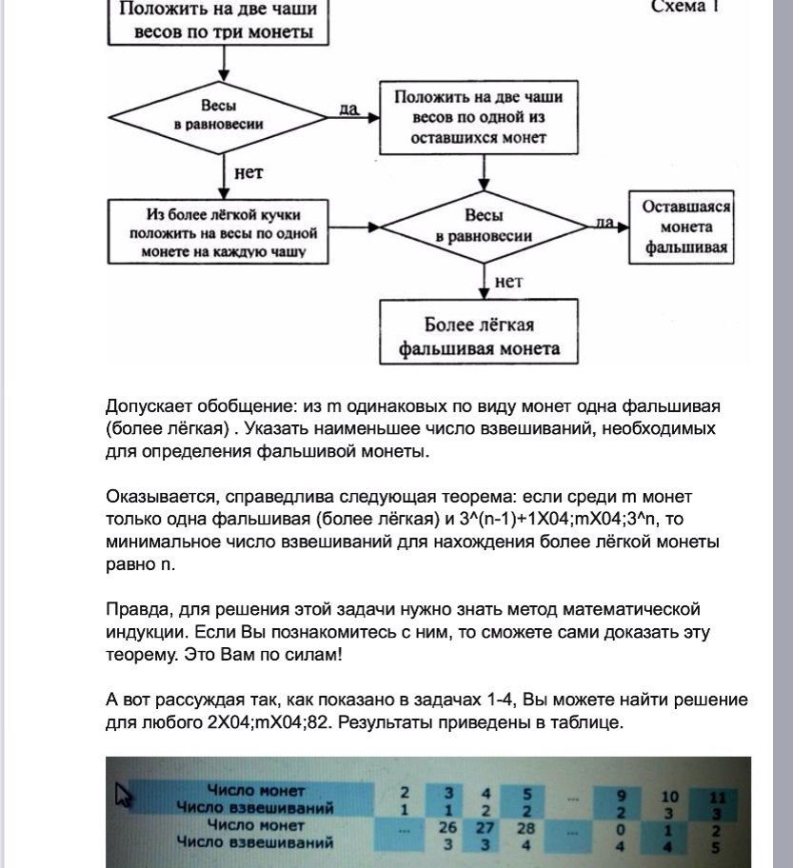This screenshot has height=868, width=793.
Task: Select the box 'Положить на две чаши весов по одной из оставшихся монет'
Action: (479, 117)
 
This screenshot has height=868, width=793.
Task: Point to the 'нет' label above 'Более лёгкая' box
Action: (508, 281)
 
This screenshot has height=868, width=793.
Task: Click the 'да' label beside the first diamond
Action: (348, 108)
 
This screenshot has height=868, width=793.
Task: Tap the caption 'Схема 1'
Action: (684, 8)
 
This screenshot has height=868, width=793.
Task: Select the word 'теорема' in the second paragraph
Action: (448, 497)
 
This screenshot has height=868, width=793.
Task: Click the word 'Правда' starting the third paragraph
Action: (134, 609)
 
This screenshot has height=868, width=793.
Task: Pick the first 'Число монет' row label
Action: (256, 791)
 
